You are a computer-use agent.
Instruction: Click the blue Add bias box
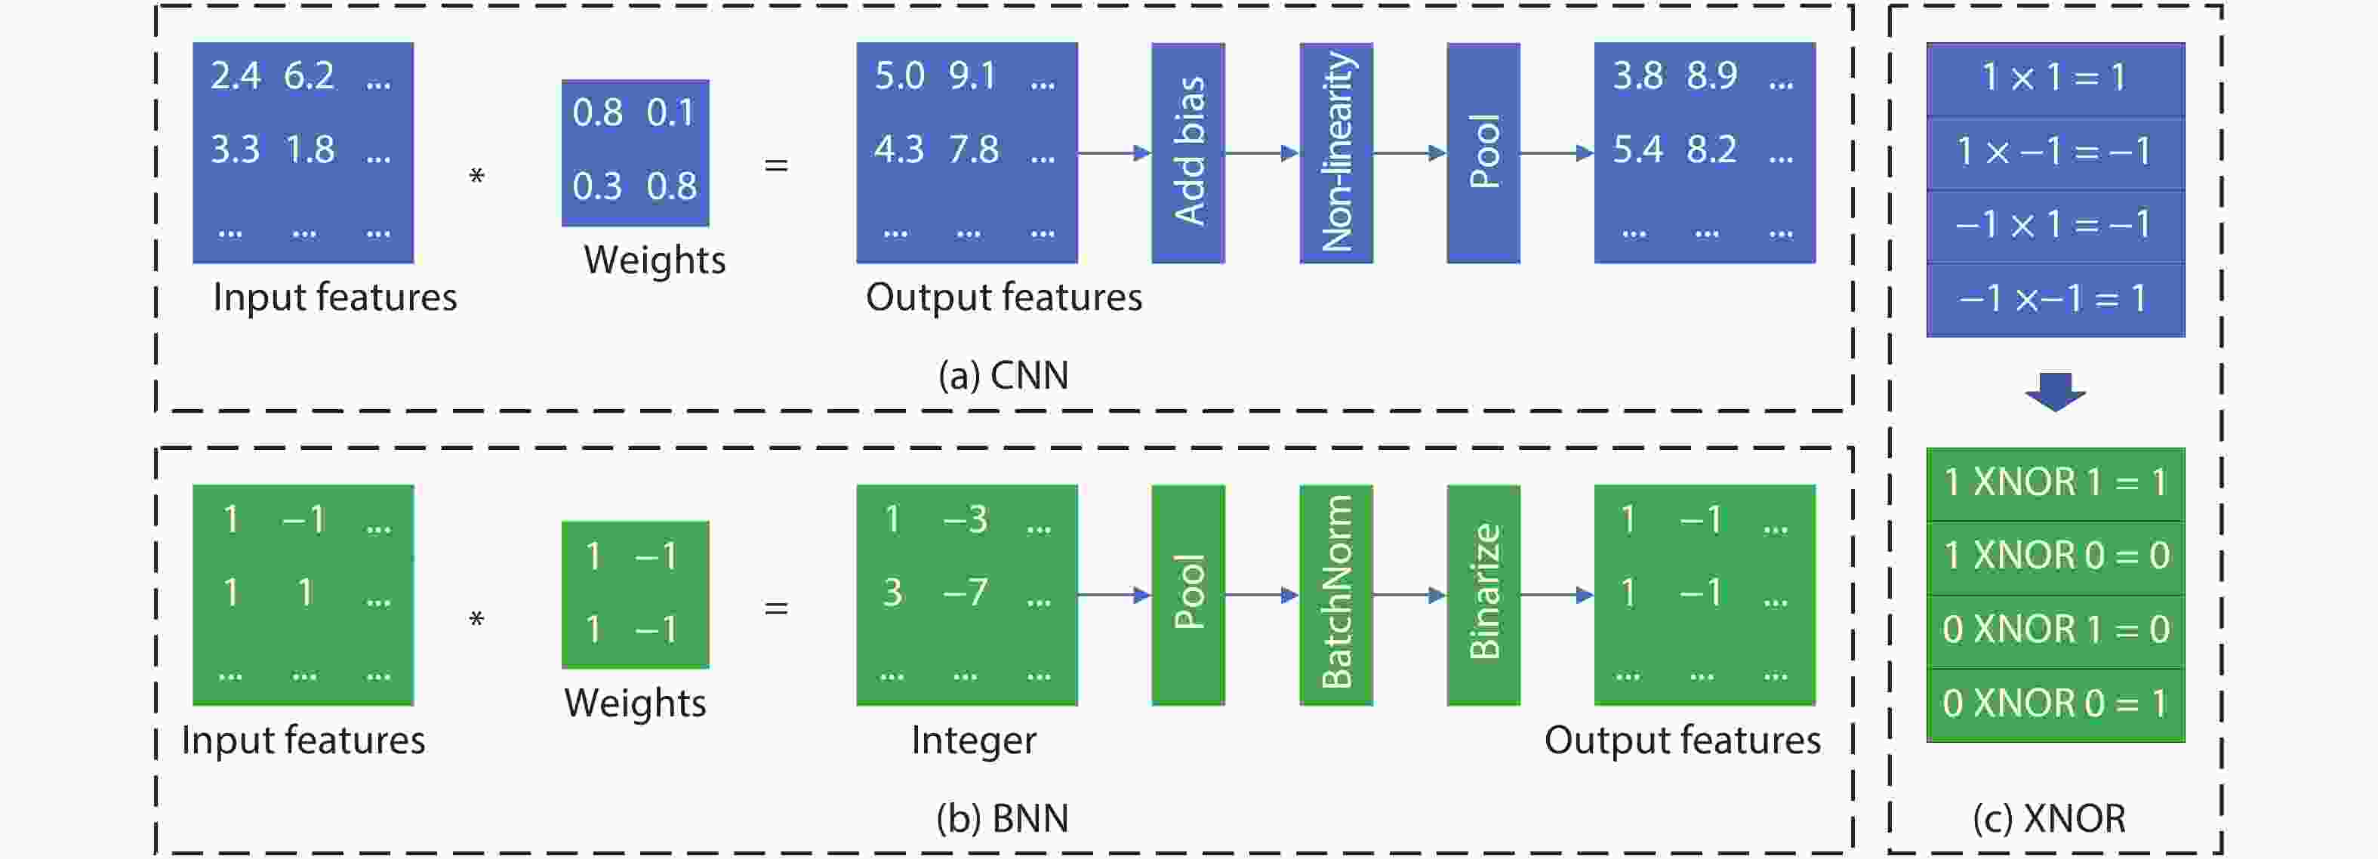point(1188,152)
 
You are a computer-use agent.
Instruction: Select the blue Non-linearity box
point(1335,152)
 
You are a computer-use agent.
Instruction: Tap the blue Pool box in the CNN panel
point(1483,152)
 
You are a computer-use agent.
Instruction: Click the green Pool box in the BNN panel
point(1188,595)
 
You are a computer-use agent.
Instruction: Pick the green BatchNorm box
point(1335,595)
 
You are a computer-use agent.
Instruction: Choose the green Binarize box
point(1483,595)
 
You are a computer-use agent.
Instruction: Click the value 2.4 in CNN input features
point(236,75)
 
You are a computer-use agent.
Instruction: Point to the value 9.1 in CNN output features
point(973,75)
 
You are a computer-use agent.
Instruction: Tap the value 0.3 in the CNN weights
point(597,186)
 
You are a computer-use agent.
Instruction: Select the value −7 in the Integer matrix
point(966,593)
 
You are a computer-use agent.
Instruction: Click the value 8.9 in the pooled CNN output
point(1711,75)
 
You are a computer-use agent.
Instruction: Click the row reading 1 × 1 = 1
point(2055,79)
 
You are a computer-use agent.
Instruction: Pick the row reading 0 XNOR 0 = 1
point(2055,705)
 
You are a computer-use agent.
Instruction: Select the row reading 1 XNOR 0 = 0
point(2055,557)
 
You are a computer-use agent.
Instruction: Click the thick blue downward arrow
point(2055,391)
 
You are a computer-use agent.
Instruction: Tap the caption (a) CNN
point(1003,375)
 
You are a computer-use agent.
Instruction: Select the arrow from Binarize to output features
point(1557,595)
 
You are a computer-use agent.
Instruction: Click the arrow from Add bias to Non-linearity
point(1262,152)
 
